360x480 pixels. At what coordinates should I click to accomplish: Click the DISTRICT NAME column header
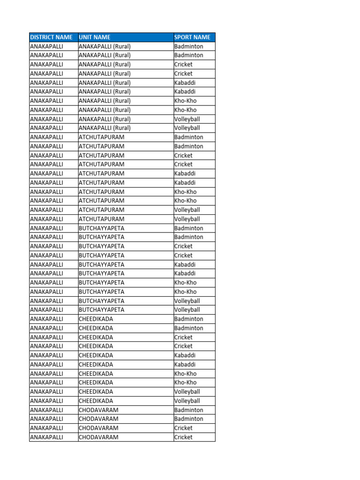pos(52,37)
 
